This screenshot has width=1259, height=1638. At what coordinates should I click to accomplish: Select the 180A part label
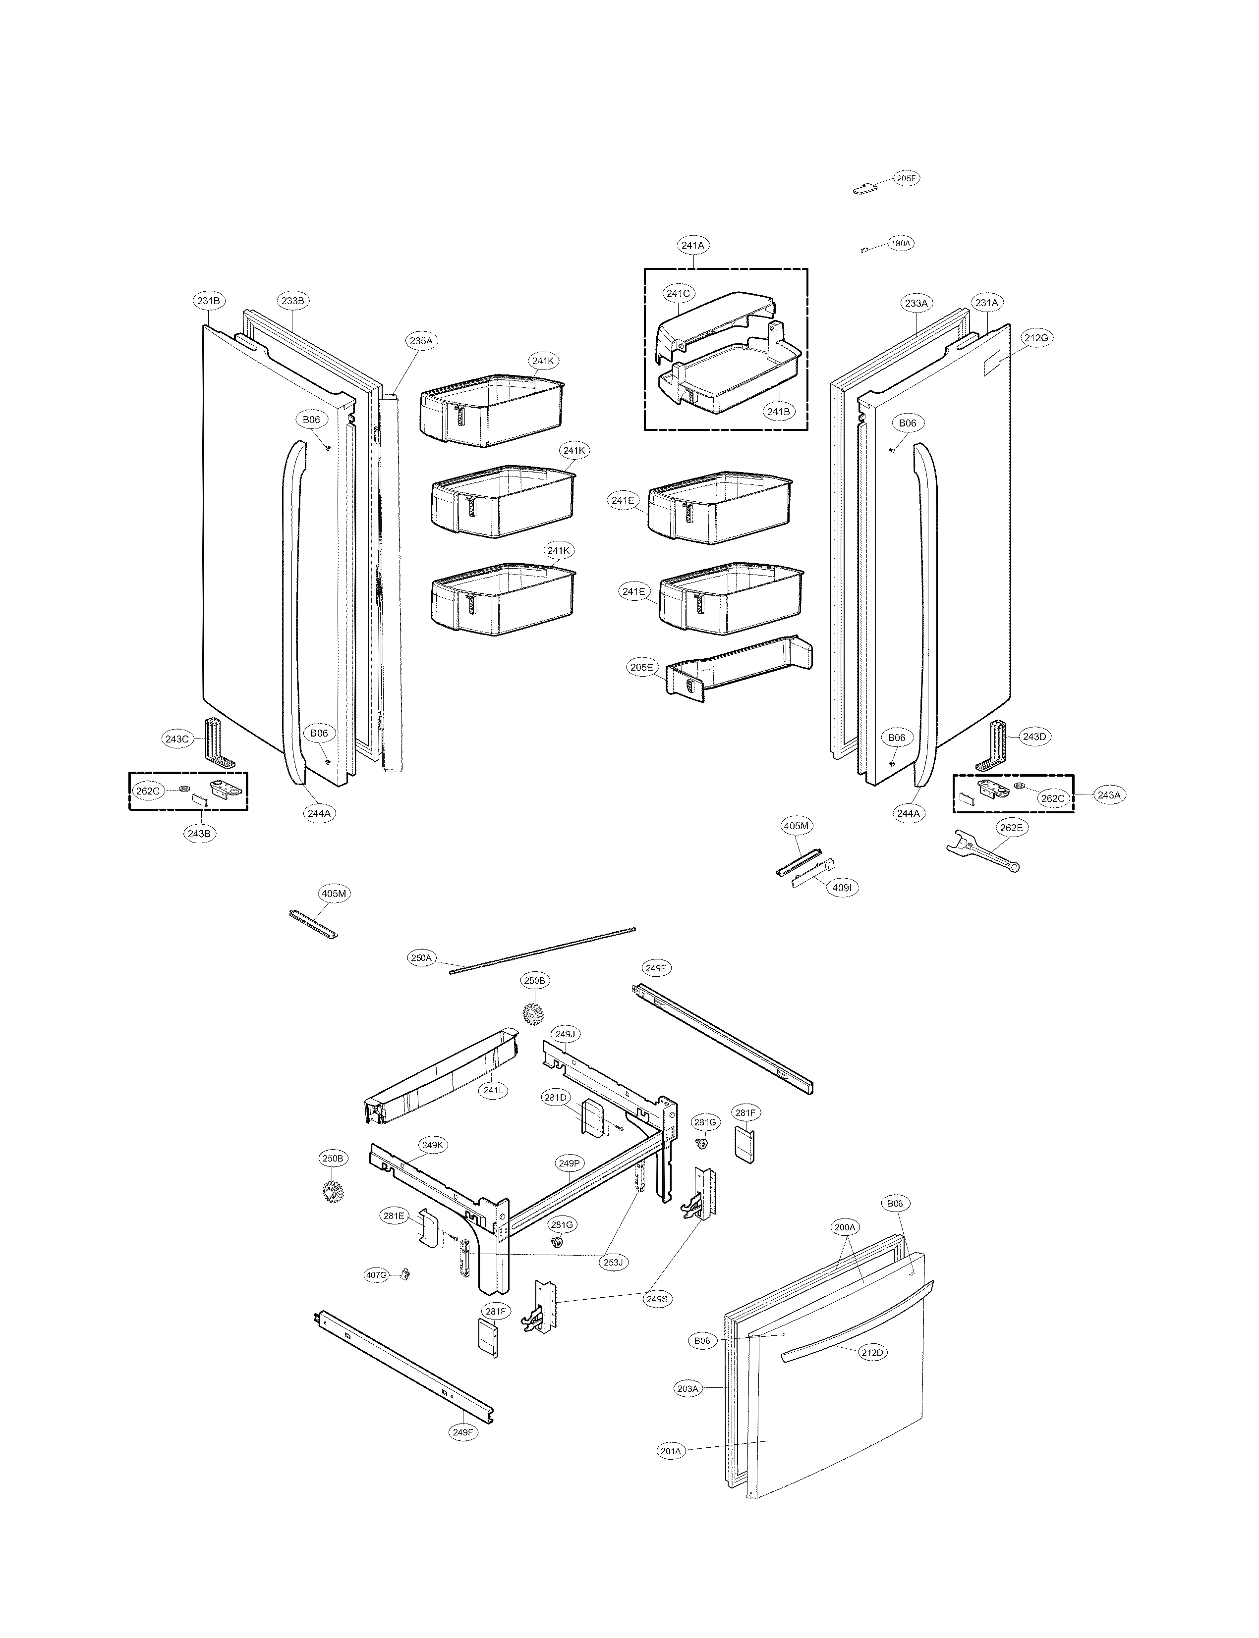tap(900, 243)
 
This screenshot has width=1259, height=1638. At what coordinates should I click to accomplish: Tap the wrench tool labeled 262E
tap(982, 851)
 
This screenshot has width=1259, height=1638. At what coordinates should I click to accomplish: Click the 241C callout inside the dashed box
tap(678, 294)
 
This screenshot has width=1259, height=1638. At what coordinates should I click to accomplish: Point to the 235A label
tap(420, 341)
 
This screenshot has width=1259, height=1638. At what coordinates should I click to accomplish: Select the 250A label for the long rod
tap(422, 958)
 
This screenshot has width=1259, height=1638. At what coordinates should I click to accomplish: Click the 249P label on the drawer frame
tap(569, 1163)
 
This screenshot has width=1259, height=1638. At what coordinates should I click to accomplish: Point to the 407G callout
tap(376, 1275)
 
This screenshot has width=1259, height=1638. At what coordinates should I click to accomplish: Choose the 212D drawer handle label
tap(871, 1353)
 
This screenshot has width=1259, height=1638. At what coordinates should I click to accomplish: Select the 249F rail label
tap(463, 1433)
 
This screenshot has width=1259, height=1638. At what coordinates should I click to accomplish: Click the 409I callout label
tap(842, 888)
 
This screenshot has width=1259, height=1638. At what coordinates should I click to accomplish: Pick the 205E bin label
tap(641, 667)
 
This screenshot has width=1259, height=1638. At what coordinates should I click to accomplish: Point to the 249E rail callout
tap(656, 968)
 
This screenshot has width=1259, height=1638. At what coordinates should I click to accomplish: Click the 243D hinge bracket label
tap(1034, 737)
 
